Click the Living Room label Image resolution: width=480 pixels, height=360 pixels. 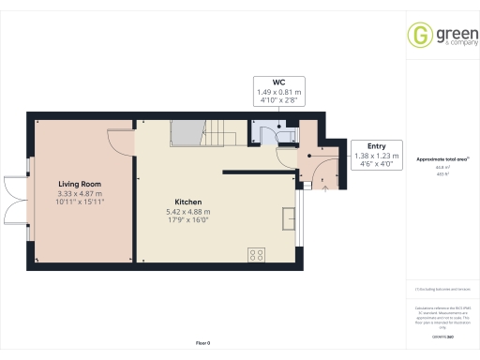point(80,185)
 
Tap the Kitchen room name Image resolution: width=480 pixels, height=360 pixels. point(187,202)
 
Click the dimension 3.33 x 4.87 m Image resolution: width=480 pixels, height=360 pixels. point(80,193)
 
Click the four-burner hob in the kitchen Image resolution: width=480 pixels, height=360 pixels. point(255,254)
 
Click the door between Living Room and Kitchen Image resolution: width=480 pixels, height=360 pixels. point(120,138)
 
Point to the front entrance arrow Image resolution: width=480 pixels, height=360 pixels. point(325,187)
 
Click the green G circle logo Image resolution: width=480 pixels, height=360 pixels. point(418,36)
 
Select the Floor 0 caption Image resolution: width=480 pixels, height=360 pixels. point(203,344)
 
